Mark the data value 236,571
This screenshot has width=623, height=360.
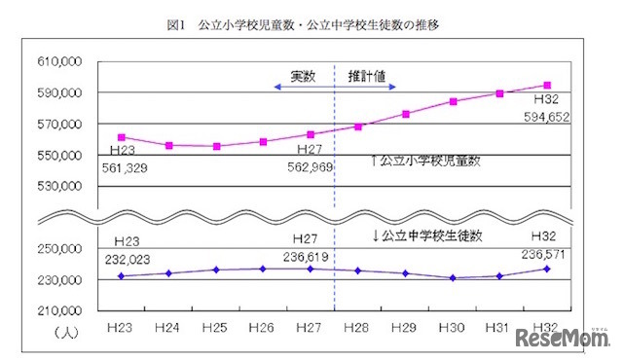pyautogui.click(x=546, y=256)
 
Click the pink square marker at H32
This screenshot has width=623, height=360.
pyautogui.click(x=547, y=85)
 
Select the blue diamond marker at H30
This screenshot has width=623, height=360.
pyautogui.click(x=453, y=278)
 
